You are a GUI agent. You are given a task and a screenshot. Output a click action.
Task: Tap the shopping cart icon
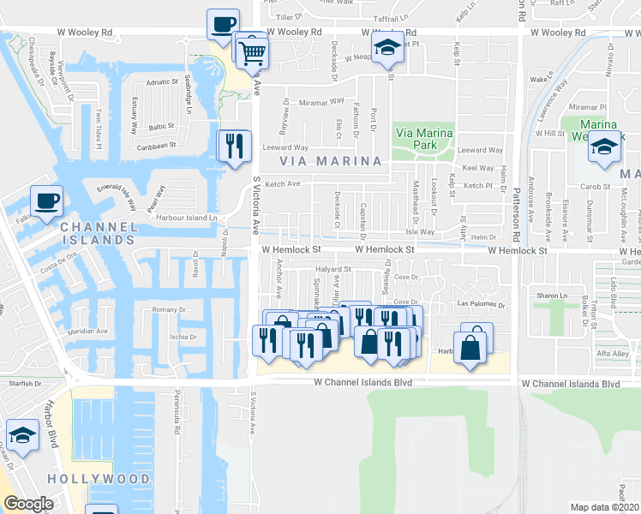252,51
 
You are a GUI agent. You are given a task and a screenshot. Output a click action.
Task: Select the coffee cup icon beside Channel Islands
46,202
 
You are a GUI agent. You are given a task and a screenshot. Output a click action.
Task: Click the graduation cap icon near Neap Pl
387,50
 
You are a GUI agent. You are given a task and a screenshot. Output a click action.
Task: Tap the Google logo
28,504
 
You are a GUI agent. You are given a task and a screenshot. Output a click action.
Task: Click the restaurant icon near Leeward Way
233,146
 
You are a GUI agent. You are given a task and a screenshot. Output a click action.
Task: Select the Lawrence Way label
548,102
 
